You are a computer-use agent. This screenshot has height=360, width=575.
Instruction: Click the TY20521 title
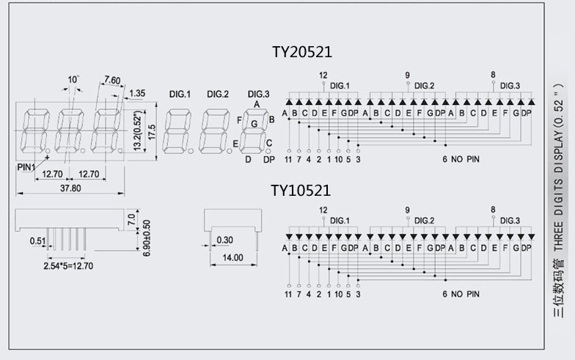[x=301, y=52]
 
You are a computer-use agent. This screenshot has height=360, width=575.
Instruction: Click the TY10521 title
[x=301, y=191]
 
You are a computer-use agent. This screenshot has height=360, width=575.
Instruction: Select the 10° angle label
[x=73, y=79]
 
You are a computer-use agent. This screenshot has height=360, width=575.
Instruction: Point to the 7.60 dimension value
[x=113, y=79]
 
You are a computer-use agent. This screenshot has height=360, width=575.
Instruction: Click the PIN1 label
[x=26, y=166]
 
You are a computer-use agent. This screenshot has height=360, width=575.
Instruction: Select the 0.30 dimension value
[x=224, y=239]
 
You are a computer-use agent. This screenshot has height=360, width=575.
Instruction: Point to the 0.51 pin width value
[x=37, y=240]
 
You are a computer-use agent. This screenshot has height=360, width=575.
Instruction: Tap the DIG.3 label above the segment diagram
[x=258, y=94]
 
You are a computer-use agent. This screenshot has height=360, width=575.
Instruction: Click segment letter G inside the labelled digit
[x=254, y=124]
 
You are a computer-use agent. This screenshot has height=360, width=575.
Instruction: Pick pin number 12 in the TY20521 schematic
[x=323, y=76]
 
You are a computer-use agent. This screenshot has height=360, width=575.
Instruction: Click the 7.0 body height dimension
[x=131, y=218]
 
